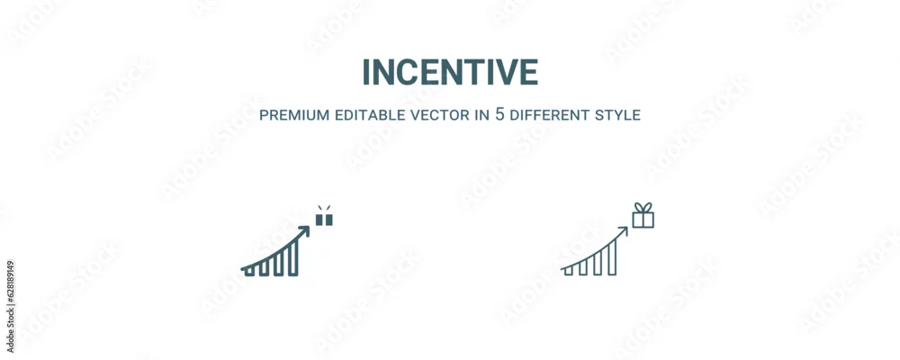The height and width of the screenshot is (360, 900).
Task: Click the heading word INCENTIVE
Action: click(450, 72)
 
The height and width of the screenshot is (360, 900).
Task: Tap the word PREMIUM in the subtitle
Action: click(294, 115)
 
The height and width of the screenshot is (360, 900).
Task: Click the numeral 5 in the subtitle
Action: click(499, 114)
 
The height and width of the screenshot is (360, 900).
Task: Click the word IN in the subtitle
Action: click(482, 115)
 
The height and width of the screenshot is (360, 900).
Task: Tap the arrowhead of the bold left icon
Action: click(304, 230)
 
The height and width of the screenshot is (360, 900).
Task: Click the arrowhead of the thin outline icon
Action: click(623, 231)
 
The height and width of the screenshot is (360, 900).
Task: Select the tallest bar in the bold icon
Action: click(292, 257)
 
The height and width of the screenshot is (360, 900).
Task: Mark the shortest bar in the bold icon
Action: click(249, 271)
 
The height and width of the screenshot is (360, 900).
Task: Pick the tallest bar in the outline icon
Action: click(612, 257)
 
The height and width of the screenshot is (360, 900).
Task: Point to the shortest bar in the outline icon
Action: click(568, 270)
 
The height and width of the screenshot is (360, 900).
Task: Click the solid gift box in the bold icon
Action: click(324, 220)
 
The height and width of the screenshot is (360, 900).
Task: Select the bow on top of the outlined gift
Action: click(643, 207)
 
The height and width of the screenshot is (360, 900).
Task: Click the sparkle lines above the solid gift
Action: click(324, 208)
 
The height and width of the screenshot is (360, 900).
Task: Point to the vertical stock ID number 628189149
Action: click(11, 307)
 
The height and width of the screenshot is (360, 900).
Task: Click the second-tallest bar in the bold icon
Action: click(278, 264)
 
